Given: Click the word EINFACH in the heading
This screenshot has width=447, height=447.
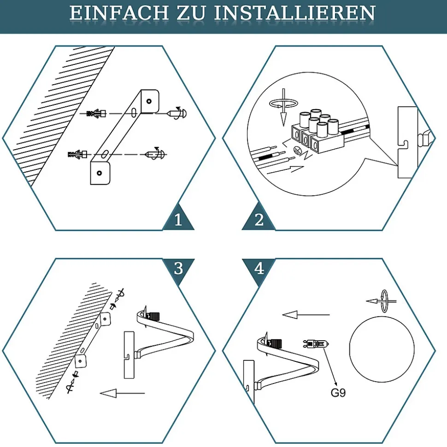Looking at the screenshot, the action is click(x=119, y=13).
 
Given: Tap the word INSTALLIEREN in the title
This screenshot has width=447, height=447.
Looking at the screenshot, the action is click(x=294, y=13).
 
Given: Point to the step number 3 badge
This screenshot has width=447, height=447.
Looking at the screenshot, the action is click(x=178, y=268).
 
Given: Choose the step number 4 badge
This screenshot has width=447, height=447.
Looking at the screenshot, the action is click(x=259, y=268).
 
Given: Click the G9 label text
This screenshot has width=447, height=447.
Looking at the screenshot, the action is click(x=338, y=393).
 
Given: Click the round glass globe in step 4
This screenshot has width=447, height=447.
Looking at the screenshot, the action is click(x=382, y=349).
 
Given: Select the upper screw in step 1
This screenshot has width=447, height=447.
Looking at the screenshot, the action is click(x=177, y=113).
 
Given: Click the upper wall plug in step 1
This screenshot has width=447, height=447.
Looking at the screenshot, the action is click(x=96, y=113).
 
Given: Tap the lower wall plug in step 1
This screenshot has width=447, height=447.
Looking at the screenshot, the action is click(x=77, y=155).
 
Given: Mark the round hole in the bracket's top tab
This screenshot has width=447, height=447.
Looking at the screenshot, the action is click(x=149, y=101).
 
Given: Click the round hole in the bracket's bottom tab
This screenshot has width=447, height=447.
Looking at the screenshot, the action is click(x=100, y=173).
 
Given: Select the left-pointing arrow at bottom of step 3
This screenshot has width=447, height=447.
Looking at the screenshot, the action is click(x=122, y=394).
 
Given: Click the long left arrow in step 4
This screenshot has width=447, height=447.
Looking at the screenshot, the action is click(x=306, y=315).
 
